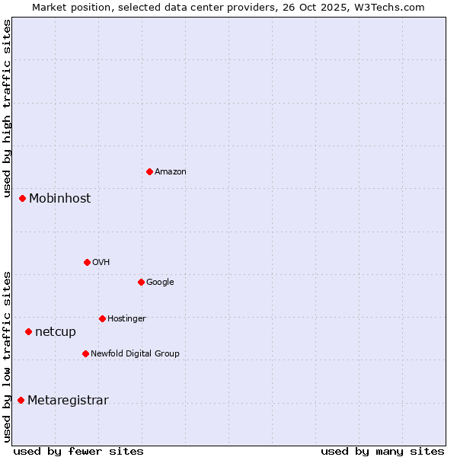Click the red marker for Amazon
pyautogui.click(x=149, y=171)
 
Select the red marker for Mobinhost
pyautogui.click(x=22, y=198)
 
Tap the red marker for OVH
pyautogui.click(x=87, y=262)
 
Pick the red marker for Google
pyautogui.click(x=141, y=282)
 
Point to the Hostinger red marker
pyautogui.click(x=102, y=318)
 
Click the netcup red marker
pyautogui.click(x=28, y=331)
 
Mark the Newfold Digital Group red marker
pyautogui.click(x=85, y=353)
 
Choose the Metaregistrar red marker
pyautogui.click(x=21, y=400)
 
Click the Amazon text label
pyautogui.click(x=171, y=172)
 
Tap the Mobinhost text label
pyautogui.click(x=59, y=198)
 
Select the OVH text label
pyautogui.click(x=101, y=263)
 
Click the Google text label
pyautogui.click(x=160, y=283)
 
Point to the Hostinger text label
pyautogui.click(x=126, y=319)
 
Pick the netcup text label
pyautogui.click(x=56, y=332)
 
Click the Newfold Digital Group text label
pyautogui.click(x=135, y=354)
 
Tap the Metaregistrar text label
pyautogui.click(x=68, y=401)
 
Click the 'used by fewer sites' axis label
pyautogui.click(x=78, y=452)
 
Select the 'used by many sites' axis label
pyautogui.click(x=382, y=452)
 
